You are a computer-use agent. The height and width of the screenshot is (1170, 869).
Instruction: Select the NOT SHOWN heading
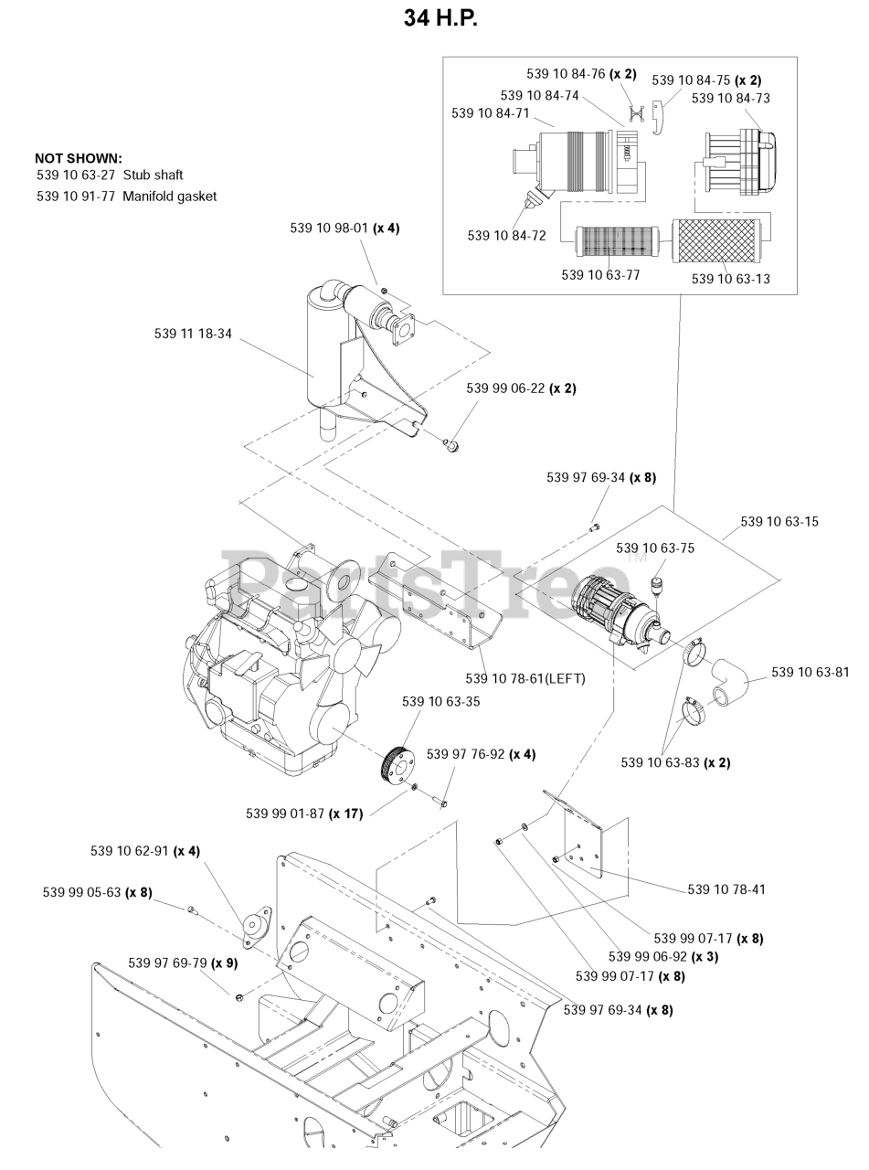[x=79, y=158]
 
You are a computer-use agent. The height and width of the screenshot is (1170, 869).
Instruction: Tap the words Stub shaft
[x=153, y=175]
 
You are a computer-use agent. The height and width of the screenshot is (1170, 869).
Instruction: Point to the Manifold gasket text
[x=169, y=197]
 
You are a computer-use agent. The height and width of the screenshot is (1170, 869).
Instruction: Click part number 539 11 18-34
[x=193, y=335]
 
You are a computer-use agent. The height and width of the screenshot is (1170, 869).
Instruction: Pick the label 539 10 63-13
[x=730, y=279]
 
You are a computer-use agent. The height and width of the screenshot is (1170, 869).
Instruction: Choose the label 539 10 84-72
[x=506, y=236]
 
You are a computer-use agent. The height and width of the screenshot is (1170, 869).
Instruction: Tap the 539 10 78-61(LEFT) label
[x=525, y=678]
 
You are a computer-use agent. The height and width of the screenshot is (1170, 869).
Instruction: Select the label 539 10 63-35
[x=440, y=702]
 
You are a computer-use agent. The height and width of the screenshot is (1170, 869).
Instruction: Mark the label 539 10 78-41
[x=726, y=889]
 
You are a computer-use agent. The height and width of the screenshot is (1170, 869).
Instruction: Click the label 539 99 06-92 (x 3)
[x=663, y=957]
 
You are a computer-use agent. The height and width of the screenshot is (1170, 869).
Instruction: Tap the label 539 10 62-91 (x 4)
[x=145, y=851]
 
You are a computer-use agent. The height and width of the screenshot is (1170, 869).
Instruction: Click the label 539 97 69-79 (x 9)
[x=183, y=963]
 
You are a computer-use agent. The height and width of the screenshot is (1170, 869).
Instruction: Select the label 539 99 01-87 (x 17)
[x=304, y=814]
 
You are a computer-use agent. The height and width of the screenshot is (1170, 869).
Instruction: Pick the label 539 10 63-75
[x=654, y=548]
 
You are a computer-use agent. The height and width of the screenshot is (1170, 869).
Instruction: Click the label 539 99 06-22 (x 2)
[x=521, y=388]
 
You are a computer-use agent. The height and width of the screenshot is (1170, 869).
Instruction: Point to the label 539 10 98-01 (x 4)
[x=344, y=229]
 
